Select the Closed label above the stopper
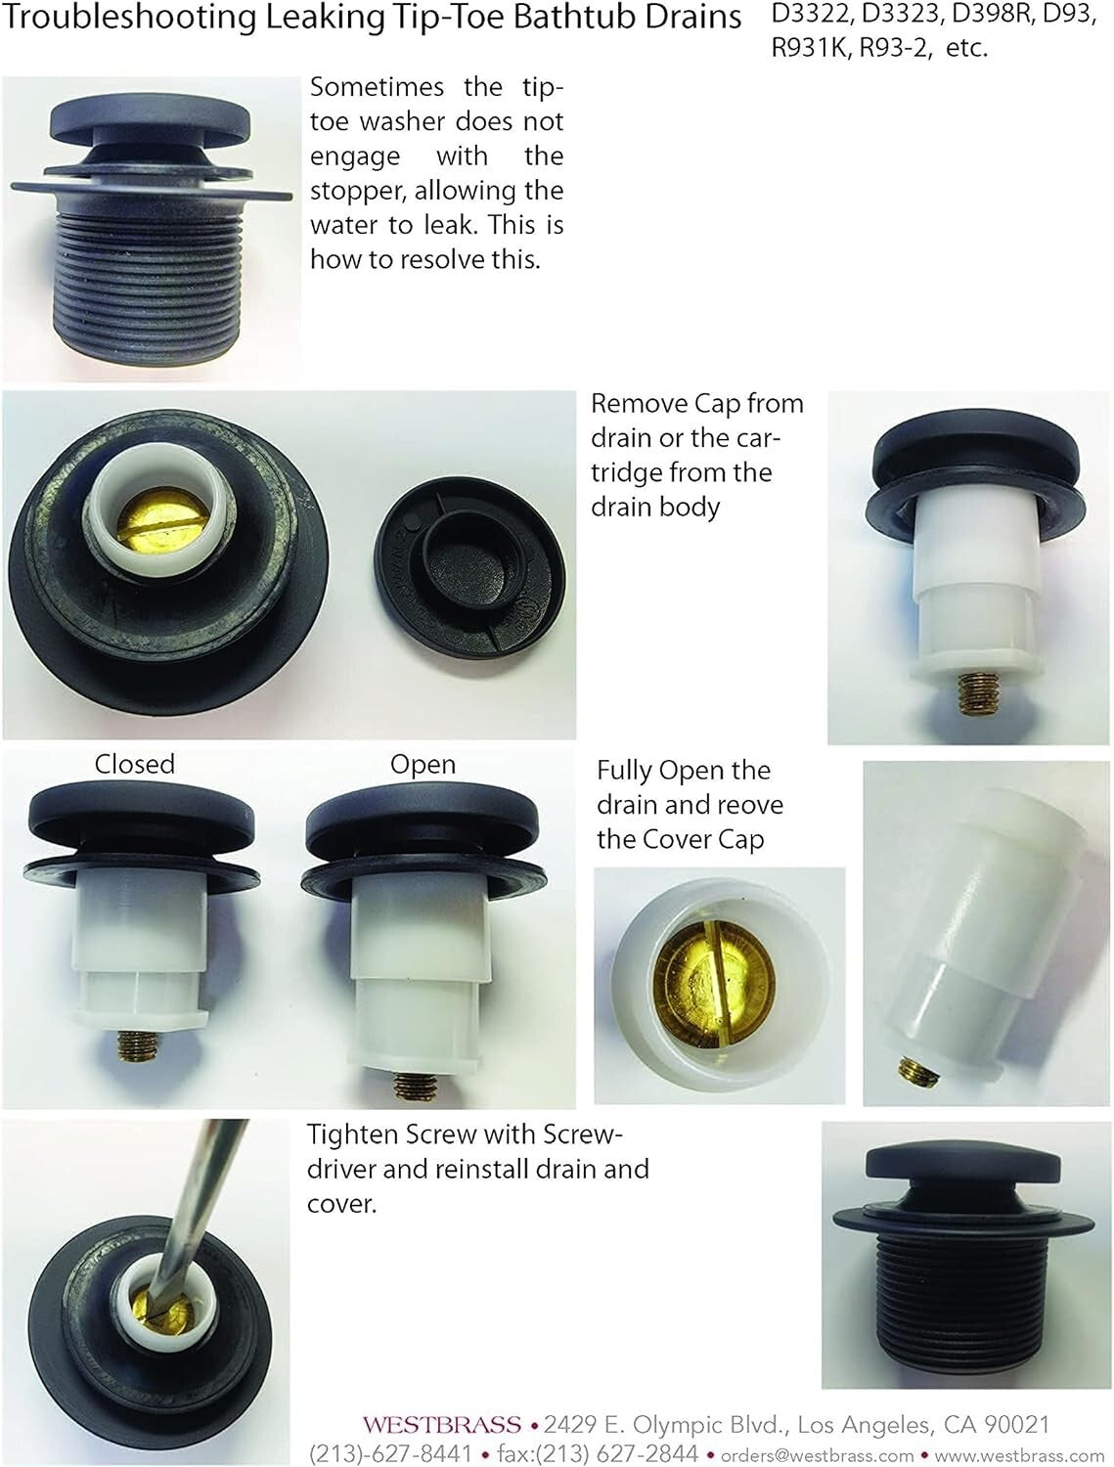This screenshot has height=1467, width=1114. pyautogui.click(x=134, y=764)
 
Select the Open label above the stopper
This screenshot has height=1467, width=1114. pyautogui.click(x=423, y=764)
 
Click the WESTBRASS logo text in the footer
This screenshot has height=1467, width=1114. pyautogui.click(x=441, y=1426)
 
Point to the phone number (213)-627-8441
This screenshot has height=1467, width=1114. pyautogui.click(x=390, y=1453)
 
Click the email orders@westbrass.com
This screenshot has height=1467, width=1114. pyautogui.click(x=817, y=1454)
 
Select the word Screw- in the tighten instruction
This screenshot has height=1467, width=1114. pyautogui.click(x=580, y=1134)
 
